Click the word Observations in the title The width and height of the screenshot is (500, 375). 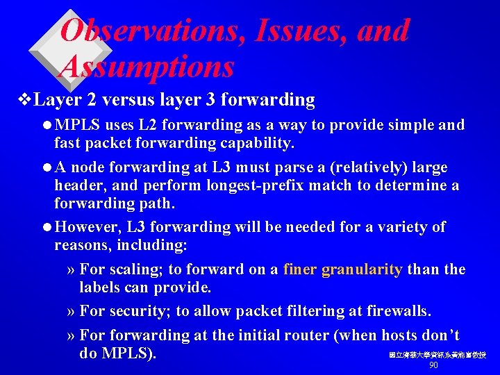(x=150, y=31)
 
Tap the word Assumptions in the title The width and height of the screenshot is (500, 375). (x=147, y=67)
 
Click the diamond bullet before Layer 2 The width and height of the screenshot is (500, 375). (x=27, y=100)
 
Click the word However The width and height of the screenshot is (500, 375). (x=87, y=227)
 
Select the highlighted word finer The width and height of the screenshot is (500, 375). (x=300, y=269)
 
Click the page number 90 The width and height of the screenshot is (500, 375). (x=433, y=365)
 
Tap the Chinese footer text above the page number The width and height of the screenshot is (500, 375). (x=437, y=355)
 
